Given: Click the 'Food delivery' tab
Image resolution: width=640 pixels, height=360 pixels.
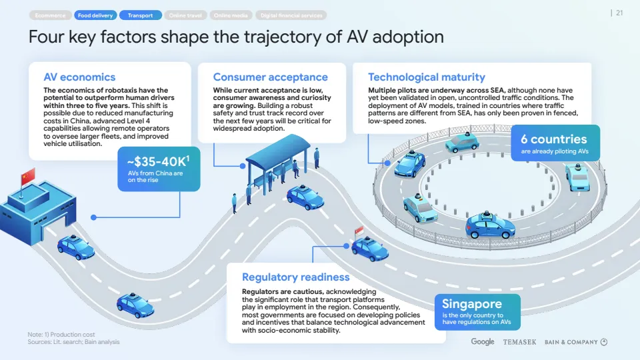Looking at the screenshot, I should coord(95,15).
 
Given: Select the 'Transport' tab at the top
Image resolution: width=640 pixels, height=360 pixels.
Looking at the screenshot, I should coord(140,15).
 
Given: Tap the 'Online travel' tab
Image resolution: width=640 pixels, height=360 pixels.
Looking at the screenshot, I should coord(185,15).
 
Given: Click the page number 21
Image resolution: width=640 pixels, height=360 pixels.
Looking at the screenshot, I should coord(619,13).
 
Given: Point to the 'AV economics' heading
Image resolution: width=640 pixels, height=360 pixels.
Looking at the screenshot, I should coord(79,77).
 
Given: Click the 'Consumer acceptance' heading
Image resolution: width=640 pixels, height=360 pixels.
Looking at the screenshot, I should coord(270,77).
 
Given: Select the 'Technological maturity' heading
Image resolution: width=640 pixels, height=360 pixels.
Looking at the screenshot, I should coord(427,77).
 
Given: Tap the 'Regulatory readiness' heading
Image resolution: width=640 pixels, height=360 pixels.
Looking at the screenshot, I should coord(295,277).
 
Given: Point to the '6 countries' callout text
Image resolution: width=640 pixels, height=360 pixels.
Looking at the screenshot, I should coord(553,139).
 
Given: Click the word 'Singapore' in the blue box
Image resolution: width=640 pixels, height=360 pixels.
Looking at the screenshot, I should coord(471,304).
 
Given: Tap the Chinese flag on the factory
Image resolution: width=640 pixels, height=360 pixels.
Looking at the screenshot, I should coord(27,177).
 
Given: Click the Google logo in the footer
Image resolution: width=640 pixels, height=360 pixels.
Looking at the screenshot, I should coord(483,342).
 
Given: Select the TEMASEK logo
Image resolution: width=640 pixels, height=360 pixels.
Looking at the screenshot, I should coord(519,342).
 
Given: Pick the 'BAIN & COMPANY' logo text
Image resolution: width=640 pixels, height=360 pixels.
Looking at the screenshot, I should coord(571,342).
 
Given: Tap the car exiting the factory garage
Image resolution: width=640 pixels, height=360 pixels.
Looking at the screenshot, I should coord(75,248).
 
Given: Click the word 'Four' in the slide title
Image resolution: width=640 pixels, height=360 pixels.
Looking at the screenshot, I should coord(47,37).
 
